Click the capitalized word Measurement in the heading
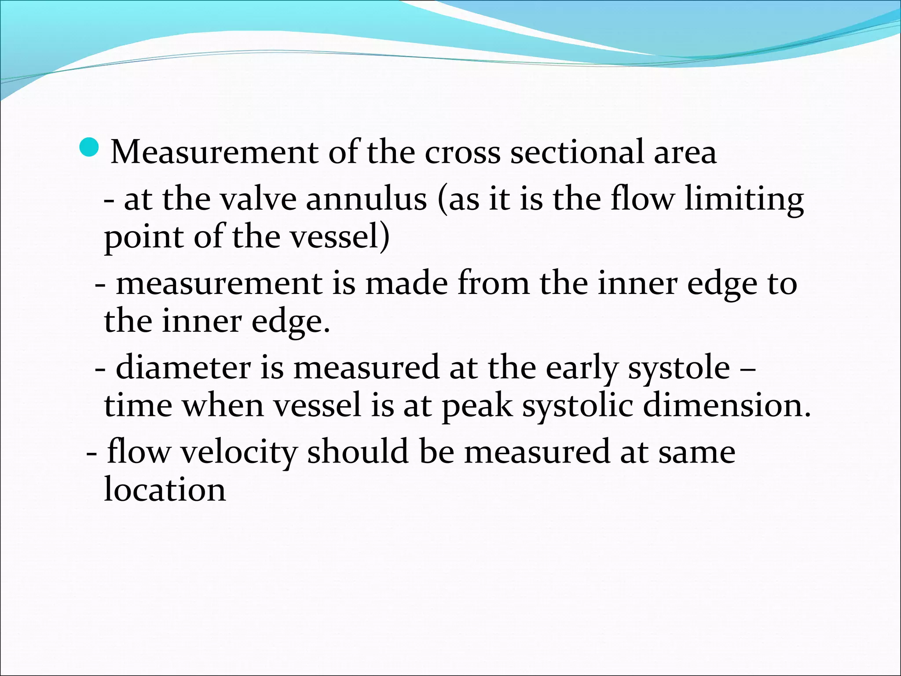click(214, 152)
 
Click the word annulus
click(366, 199)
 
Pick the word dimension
click(726, 405)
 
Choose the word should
click(358, 452)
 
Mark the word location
click(165, 489)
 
